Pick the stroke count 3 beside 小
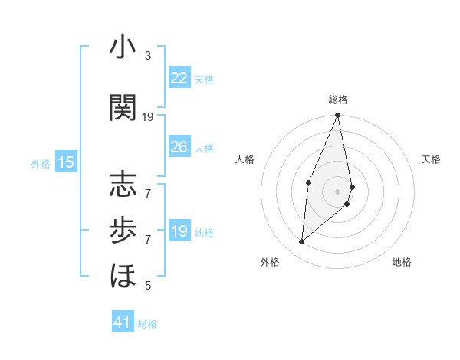(x=148, y=56)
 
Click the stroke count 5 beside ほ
(x=148, y=286)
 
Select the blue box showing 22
(x=179, y=78)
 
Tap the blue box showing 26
(x=179, y=147)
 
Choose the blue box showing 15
(x=66, y=162)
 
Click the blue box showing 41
(x=123, y=322)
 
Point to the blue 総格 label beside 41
(x=147, y=324)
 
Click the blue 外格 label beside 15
(x=41, y=163)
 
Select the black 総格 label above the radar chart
(x=338, y=100)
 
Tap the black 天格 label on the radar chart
(x=432, y=159)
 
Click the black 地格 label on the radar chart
(x=402, y=263)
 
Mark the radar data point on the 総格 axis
(x=337, y=116)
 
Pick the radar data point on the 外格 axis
(x=302, y=242)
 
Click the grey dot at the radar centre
(x=337, y=191)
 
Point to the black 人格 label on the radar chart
(x=245, y=159)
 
